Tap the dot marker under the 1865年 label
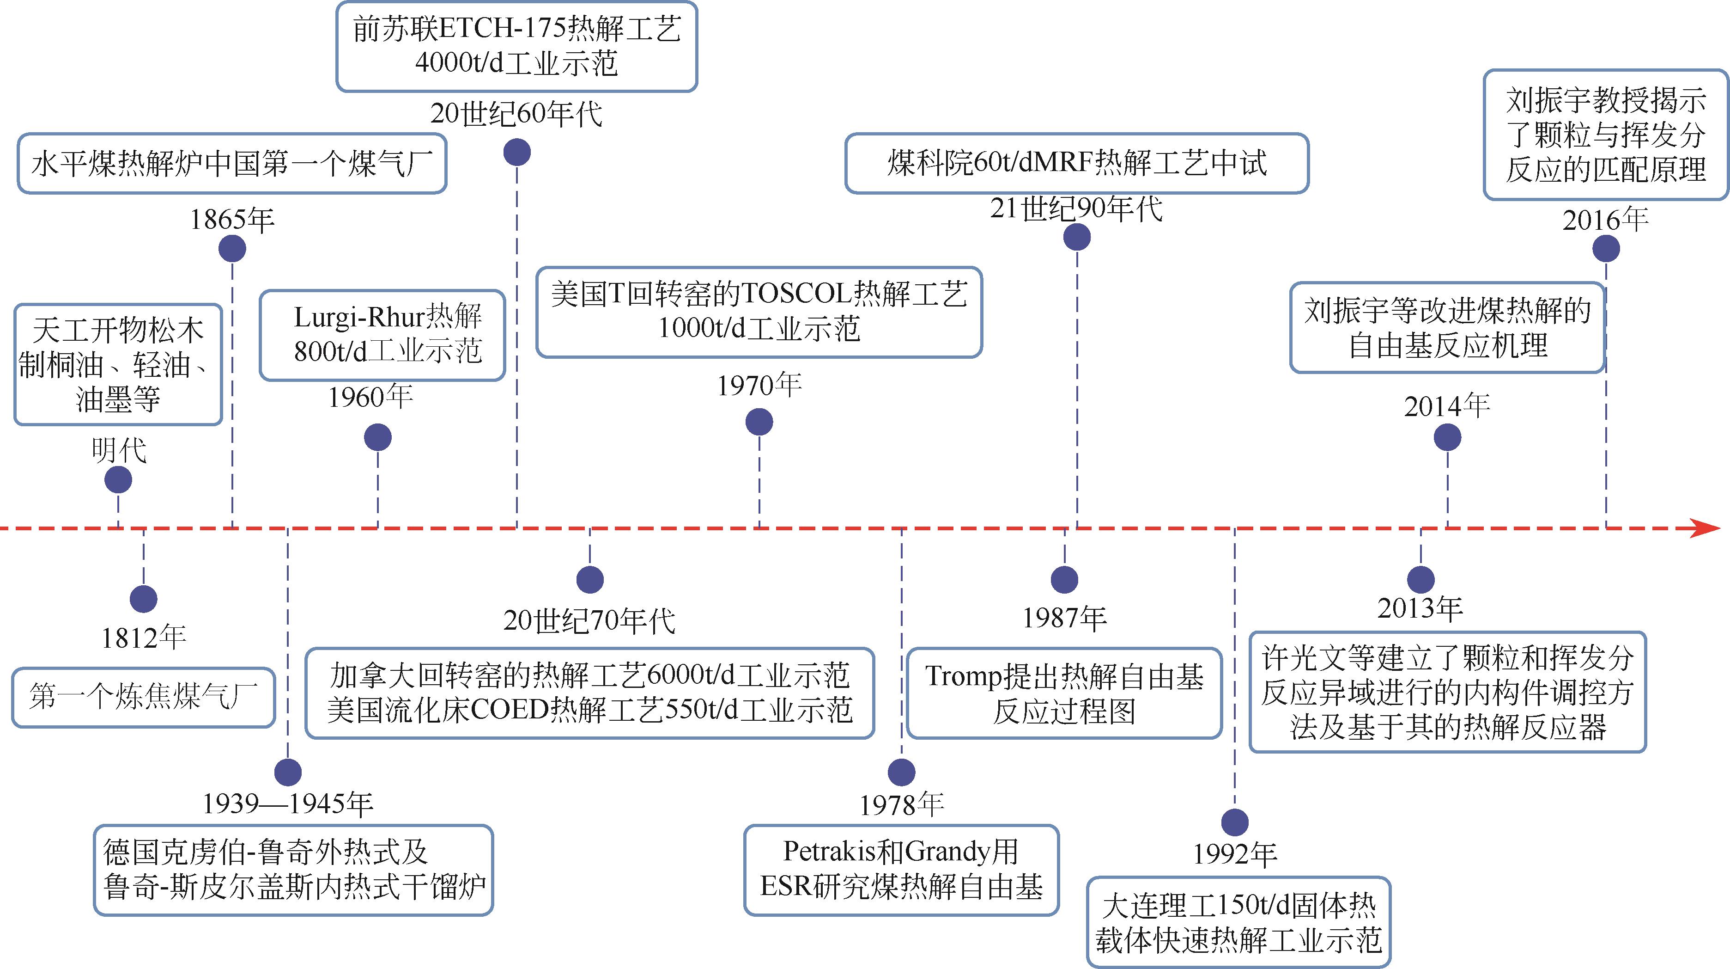tap(232, 249)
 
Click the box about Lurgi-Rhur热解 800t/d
tap(382, 335)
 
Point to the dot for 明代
tap(119, 480)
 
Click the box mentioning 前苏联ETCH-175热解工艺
tap(516, 46)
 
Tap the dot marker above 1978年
tap(901, 772)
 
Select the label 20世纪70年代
tap(589, 621)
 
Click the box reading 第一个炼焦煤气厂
tap(143, 697)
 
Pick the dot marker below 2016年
tap(1606, 249)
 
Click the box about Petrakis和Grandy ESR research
tap(901, 870)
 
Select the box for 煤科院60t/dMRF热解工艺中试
tap(1076, 163)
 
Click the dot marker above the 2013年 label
tap(1420, 579)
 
